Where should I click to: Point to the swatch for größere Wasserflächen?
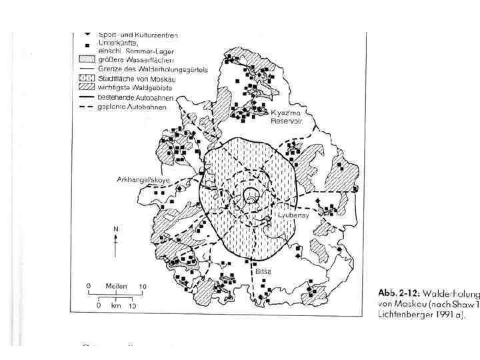[87, 60]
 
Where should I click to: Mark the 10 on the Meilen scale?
[142, 286]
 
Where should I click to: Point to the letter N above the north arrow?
[115, 229]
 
